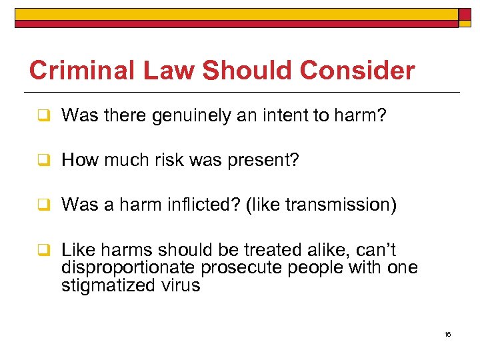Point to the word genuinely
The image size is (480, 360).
pyautogui.click(x=197, y=117)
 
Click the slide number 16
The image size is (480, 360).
pyautogui.click(x=447, y=334)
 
